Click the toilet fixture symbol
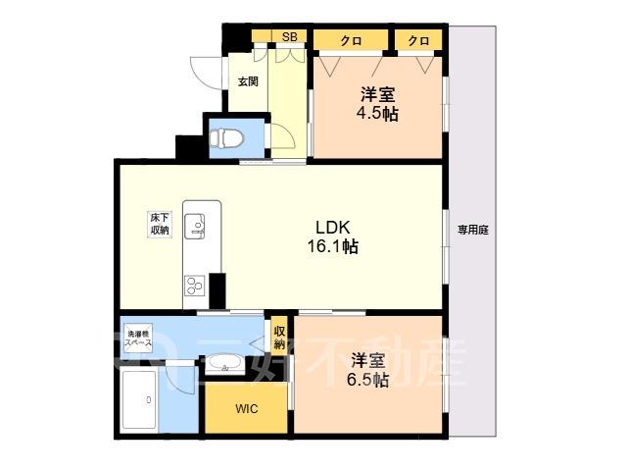(226, 138)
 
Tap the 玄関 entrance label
(248, 81)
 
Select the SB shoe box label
(290, 37)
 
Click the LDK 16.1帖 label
(333, 236)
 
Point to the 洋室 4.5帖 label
(377, 104)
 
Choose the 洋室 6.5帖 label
(368, 370)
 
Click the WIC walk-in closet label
(247, 409)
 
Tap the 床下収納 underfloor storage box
(160, 224)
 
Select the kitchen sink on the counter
(195, 227)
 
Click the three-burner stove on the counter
(195, 286)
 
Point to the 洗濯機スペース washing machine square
(138, 339)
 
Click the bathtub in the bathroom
(139, 399)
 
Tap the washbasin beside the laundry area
(223, 364)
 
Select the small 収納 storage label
(279, 337)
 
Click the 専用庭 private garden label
(473, 230)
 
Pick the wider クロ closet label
(351, 40)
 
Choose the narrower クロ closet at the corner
(418, 40)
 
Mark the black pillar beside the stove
(217, 291)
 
